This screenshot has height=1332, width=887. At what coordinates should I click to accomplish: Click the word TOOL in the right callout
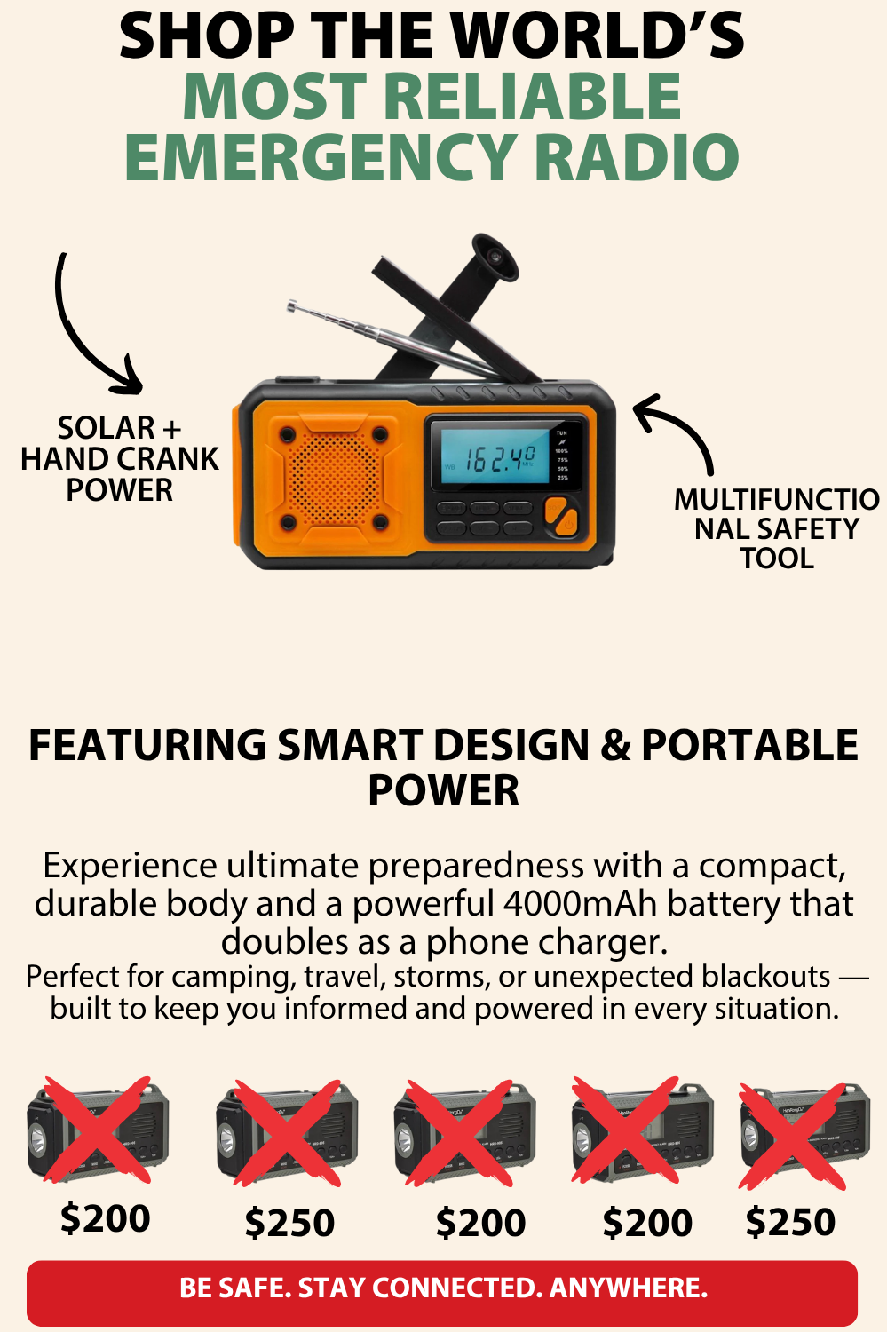pyautogui.click(x=776, y=559)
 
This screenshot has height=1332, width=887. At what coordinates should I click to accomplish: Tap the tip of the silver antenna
pyautogui.click(x=292, y=306)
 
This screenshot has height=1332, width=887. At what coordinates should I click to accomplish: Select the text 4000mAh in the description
pyautogui.click(x=581, y=903)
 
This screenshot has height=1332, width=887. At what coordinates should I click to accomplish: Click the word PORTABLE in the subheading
pyautogui.click(x=749, y=745)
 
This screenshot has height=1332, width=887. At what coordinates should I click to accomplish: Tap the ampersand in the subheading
pyautogui.click(x=614, y=746)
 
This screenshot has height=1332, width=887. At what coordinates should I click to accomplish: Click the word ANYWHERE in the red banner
pyautogui.click(x=629, y=1288)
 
